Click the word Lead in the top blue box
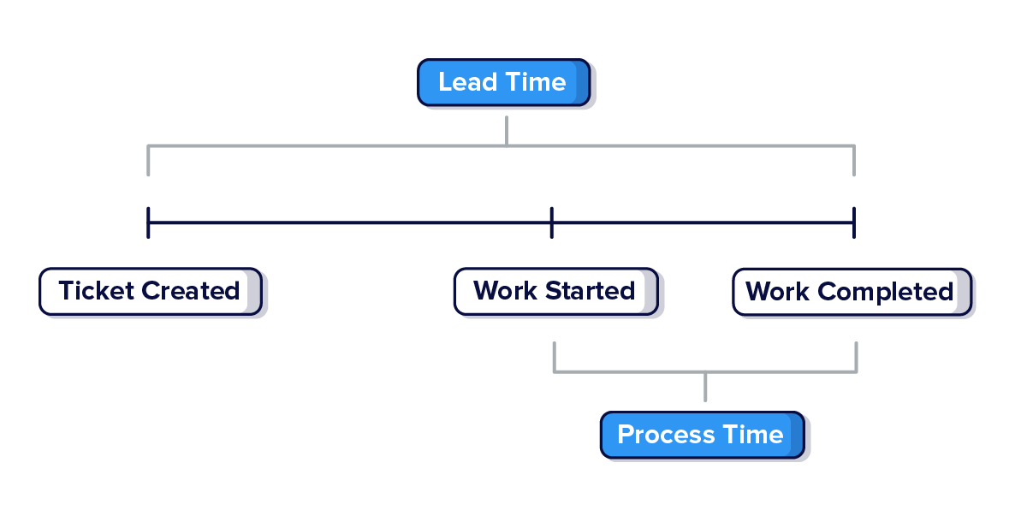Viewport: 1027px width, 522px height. coord(467,82)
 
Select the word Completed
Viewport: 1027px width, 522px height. coord(886,292)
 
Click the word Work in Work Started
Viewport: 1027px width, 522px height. coord(506,291)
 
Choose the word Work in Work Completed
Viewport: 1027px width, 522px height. coord(778,292)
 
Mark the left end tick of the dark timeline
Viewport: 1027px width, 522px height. coord(148,222)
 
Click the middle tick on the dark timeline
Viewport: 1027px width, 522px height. coord(552,222)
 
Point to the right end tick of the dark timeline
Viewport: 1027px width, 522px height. coord(854,222)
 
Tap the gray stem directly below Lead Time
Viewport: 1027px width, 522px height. coord(507,130)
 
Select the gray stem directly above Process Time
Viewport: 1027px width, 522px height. coord(705,387)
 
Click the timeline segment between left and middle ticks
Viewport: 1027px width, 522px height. coord(350,223)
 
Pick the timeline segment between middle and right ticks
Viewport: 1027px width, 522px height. coord(703,223)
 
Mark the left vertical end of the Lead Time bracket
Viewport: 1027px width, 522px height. coord(148,161)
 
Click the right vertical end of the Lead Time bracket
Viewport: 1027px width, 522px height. coord(854,161)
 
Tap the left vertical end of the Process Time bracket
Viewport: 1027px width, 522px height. coord(555,357)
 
